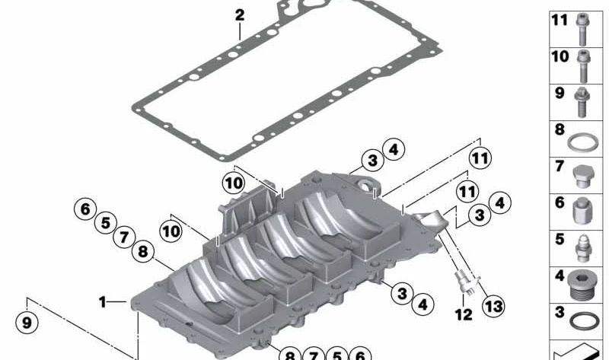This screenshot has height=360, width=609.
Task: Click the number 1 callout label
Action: (x=102, y=301)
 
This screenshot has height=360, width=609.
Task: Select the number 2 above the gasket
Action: (x=240, y=15)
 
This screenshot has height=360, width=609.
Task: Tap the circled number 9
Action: (x=27, y=323)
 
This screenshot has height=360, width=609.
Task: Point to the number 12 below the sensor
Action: (x=464, y=314)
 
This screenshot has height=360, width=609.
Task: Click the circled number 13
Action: (x=493, y=306)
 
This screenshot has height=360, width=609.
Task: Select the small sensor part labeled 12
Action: (x=464, y=282)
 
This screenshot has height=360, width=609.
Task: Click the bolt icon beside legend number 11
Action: (x=582, y=30)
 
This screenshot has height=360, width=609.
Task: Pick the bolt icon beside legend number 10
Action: (x=583, y=66)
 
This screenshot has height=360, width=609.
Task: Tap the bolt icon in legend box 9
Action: (x=582, y=103)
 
